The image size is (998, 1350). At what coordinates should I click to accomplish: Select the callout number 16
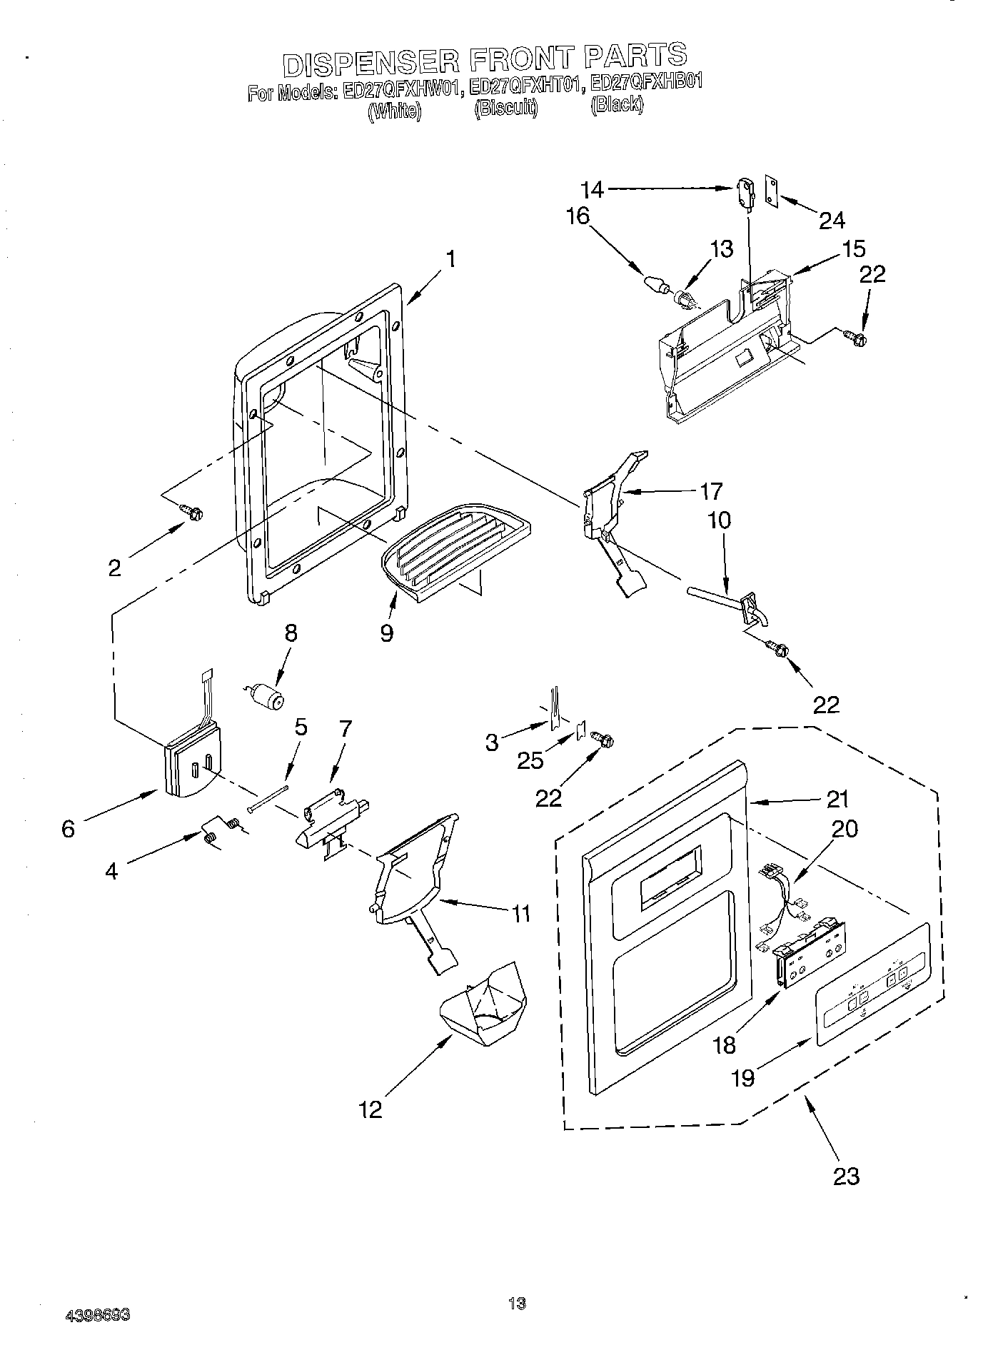[x=579, y=216]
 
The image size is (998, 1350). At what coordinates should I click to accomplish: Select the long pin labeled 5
[x=268, y=798]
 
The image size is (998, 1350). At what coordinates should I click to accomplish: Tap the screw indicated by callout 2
[x=193, y=511]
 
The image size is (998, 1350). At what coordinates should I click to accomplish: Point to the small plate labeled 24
[x=771, y=191]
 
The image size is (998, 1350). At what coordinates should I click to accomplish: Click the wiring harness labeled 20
[x=785, y=901]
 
